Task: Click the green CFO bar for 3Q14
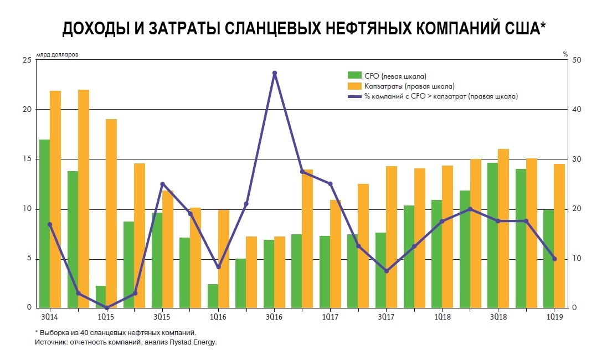(44, 224)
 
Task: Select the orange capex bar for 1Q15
(111, 213)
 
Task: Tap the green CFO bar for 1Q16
(213, 296)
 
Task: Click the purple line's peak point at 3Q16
(275, 73)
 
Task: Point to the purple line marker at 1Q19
(554, 259)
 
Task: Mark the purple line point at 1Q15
(106, 308)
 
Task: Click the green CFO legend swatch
(354, 75)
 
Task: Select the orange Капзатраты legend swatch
(354, 86)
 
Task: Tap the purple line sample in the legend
(354, 96)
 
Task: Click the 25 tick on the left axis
(26, 60)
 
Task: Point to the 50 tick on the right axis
(576, 60)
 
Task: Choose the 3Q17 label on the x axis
(386, 317)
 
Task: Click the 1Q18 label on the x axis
(442, 317)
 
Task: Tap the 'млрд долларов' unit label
(58, 54)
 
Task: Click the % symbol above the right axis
(565, 54)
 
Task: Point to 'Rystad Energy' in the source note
(197, 342)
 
